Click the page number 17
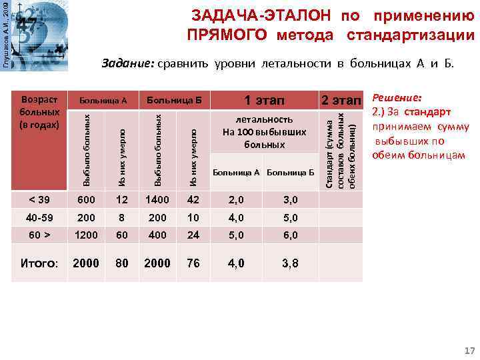pyautogui.click(x=469, y=351)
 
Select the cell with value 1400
pyautogui.click(x=157, y=200)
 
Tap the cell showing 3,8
pyautogui.click(x=290, y=263)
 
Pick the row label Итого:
pyautogui.click(x=39, y=263)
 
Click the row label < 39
pyautogui.click(x=39, y=200)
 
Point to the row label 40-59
pyautogui.click(x=39, y=217)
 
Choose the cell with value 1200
pyautogui.click(x=86, y=235)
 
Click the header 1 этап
pyautogui.click(x=264, y=101)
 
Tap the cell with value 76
pyautogui.click(x=193, y=263)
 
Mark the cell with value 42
pyautogui.click(x=193, y=200)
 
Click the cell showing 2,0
pyautogui.click(x=236, y=200)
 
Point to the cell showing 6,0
pyautogui.click(x=290, y=235)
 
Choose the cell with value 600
pyautogui.click(x=86, y=200)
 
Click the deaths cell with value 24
pyautogui.click(x=193, y=235)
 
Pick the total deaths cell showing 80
pyautogui.click(x=122, y=263)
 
